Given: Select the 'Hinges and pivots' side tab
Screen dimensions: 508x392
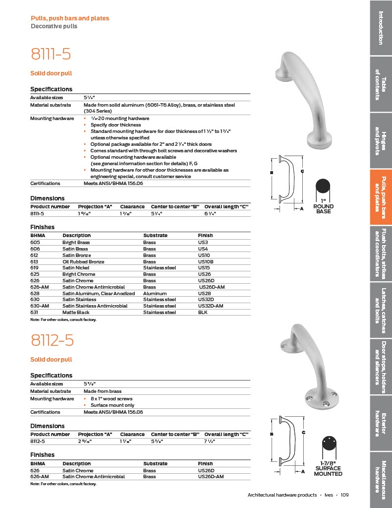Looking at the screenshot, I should coord(381,140).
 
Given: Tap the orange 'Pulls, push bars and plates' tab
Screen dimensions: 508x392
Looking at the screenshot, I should coord(381,197).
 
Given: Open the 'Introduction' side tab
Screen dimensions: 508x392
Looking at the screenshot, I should coord(381,28).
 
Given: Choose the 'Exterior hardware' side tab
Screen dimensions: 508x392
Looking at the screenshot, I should coord(381,424).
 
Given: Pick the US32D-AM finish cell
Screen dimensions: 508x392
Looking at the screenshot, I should coord(211,306).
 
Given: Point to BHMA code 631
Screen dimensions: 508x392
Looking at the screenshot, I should coord(35,313).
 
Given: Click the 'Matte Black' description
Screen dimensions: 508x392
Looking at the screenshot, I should coord(75,313).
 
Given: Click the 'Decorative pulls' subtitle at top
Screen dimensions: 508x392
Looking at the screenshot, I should coord(54,26).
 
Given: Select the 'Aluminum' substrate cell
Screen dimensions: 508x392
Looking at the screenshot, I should coord(155,293).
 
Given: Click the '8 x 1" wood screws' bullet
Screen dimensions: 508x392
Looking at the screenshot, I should coord(112,399).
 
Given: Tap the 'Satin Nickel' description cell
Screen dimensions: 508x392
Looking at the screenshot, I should coord(76,268).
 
